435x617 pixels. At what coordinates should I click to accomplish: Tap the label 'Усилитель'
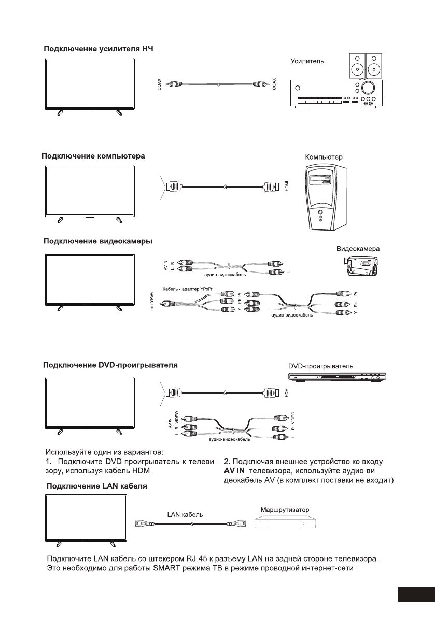click(x=307, y=61)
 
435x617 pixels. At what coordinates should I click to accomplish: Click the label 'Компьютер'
click(x=324, y=156)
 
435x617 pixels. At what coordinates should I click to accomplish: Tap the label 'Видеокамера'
click(x=358, y=249)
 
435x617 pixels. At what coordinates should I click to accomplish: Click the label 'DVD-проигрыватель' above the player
click(x=321, y=366)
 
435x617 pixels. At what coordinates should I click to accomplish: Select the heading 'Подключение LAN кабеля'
click(x=97, y=487)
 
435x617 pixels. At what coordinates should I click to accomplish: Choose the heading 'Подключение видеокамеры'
click(x=97, y=241)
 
